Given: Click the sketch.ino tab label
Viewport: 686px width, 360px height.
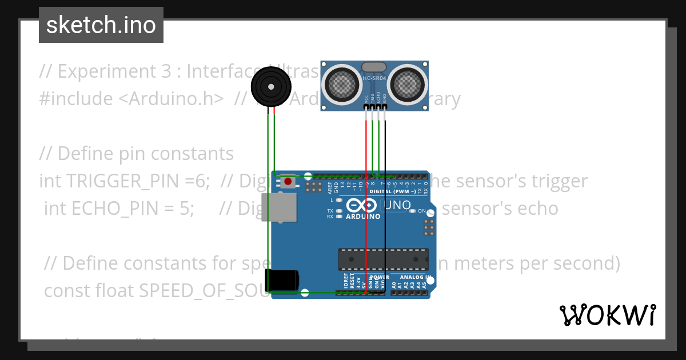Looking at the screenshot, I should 101,25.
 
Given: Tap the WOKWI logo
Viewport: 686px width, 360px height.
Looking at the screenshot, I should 607,315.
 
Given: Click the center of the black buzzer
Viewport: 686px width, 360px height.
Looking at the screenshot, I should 271,87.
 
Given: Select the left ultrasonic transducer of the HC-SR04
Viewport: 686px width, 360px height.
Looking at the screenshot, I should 342,83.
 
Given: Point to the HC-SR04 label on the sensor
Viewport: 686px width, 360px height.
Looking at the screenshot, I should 374,78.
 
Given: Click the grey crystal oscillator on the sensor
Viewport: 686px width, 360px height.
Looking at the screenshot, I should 374,67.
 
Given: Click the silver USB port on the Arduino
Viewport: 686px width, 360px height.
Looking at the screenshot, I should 279,206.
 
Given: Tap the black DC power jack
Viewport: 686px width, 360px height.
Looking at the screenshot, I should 284,280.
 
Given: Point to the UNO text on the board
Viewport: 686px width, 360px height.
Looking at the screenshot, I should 397,205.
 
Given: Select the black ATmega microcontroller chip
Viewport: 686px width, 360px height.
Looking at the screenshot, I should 383,259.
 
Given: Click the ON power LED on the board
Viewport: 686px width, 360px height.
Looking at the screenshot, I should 412,211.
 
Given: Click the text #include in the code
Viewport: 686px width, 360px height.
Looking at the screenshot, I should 76,99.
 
